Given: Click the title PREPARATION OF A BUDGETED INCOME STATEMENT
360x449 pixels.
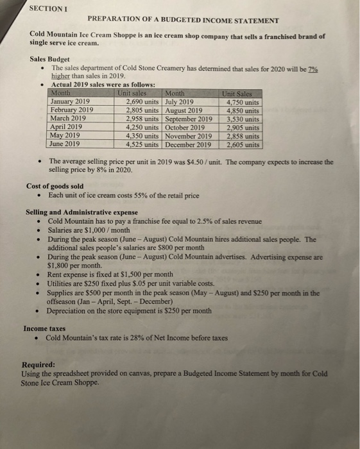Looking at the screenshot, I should pyautogui.click(x=184, y=21).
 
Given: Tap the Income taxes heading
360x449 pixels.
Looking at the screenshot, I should pyautogui.click(x=47, y=328).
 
